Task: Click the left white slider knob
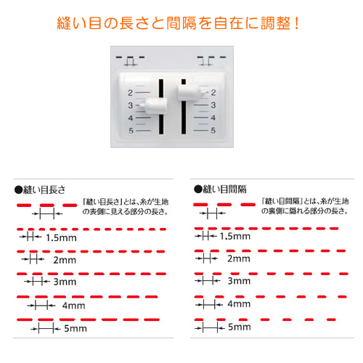pos(155,106)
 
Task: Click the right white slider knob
pos(189,92)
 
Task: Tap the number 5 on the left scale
pos(131,131)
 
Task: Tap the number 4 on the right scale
pos(213,118)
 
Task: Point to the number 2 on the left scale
pos(131,93)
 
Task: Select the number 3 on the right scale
pos(213,105)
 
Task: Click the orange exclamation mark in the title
pos(297,23)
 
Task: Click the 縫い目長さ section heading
pos(44,189)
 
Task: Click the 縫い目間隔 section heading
pos(224,189)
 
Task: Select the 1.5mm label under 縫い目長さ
pos(61,238)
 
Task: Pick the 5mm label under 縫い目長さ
pos(76,328)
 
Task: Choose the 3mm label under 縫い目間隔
pos(239,281)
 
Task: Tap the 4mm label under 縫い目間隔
pos(239,303)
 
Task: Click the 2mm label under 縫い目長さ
pos(65,260)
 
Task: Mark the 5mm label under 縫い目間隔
pos(240,327)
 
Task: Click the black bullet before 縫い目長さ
pos(18,190)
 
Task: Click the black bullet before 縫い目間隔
pos(198,189)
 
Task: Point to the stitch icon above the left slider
pos(131,61)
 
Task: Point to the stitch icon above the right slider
pos(211,61)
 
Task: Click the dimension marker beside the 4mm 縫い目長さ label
pos(41,306)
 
